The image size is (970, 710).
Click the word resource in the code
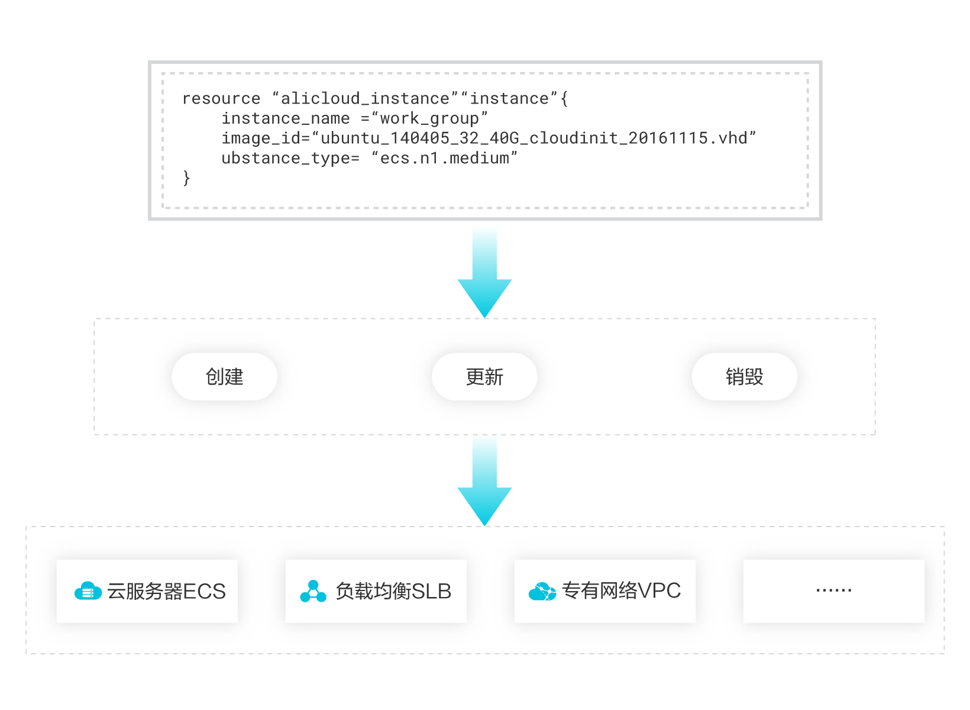coord(221,99)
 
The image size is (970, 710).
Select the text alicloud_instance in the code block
coord(365,99)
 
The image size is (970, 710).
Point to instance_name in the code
coord(286,118)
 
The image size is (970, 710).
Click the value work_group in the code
coord(429,119)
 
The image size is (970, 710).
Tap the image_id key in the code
coord(261,138)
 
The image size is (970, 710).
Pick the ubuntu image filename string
coord(533,138)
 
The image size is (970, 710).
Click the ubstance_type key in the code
coord(286,159)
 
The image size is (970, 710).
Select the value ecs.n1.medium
coord(444,159)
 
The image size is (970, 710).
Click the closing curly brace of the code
coord(187,178)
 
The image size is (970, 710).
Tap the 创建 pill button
coord(224,377)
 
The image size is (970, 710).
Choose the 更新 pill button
coord(484,377)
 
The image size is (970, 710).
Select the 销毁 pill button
coord(744,377)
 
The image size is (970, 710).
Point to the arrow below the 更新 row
coord(484,482)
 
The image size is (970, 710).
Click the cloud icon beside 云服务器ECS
coord(88,591)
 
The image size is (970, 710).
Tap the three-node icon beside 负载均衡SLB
coord(313,591)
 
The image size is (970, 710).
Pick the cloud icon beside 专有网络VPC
coord(542,591)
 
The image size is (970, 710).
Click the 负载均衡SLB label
coord(393,591)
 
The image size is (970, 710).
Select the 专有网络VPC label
coord(621,590)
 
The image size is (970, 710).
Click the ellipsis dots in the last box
coord(833,590)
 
